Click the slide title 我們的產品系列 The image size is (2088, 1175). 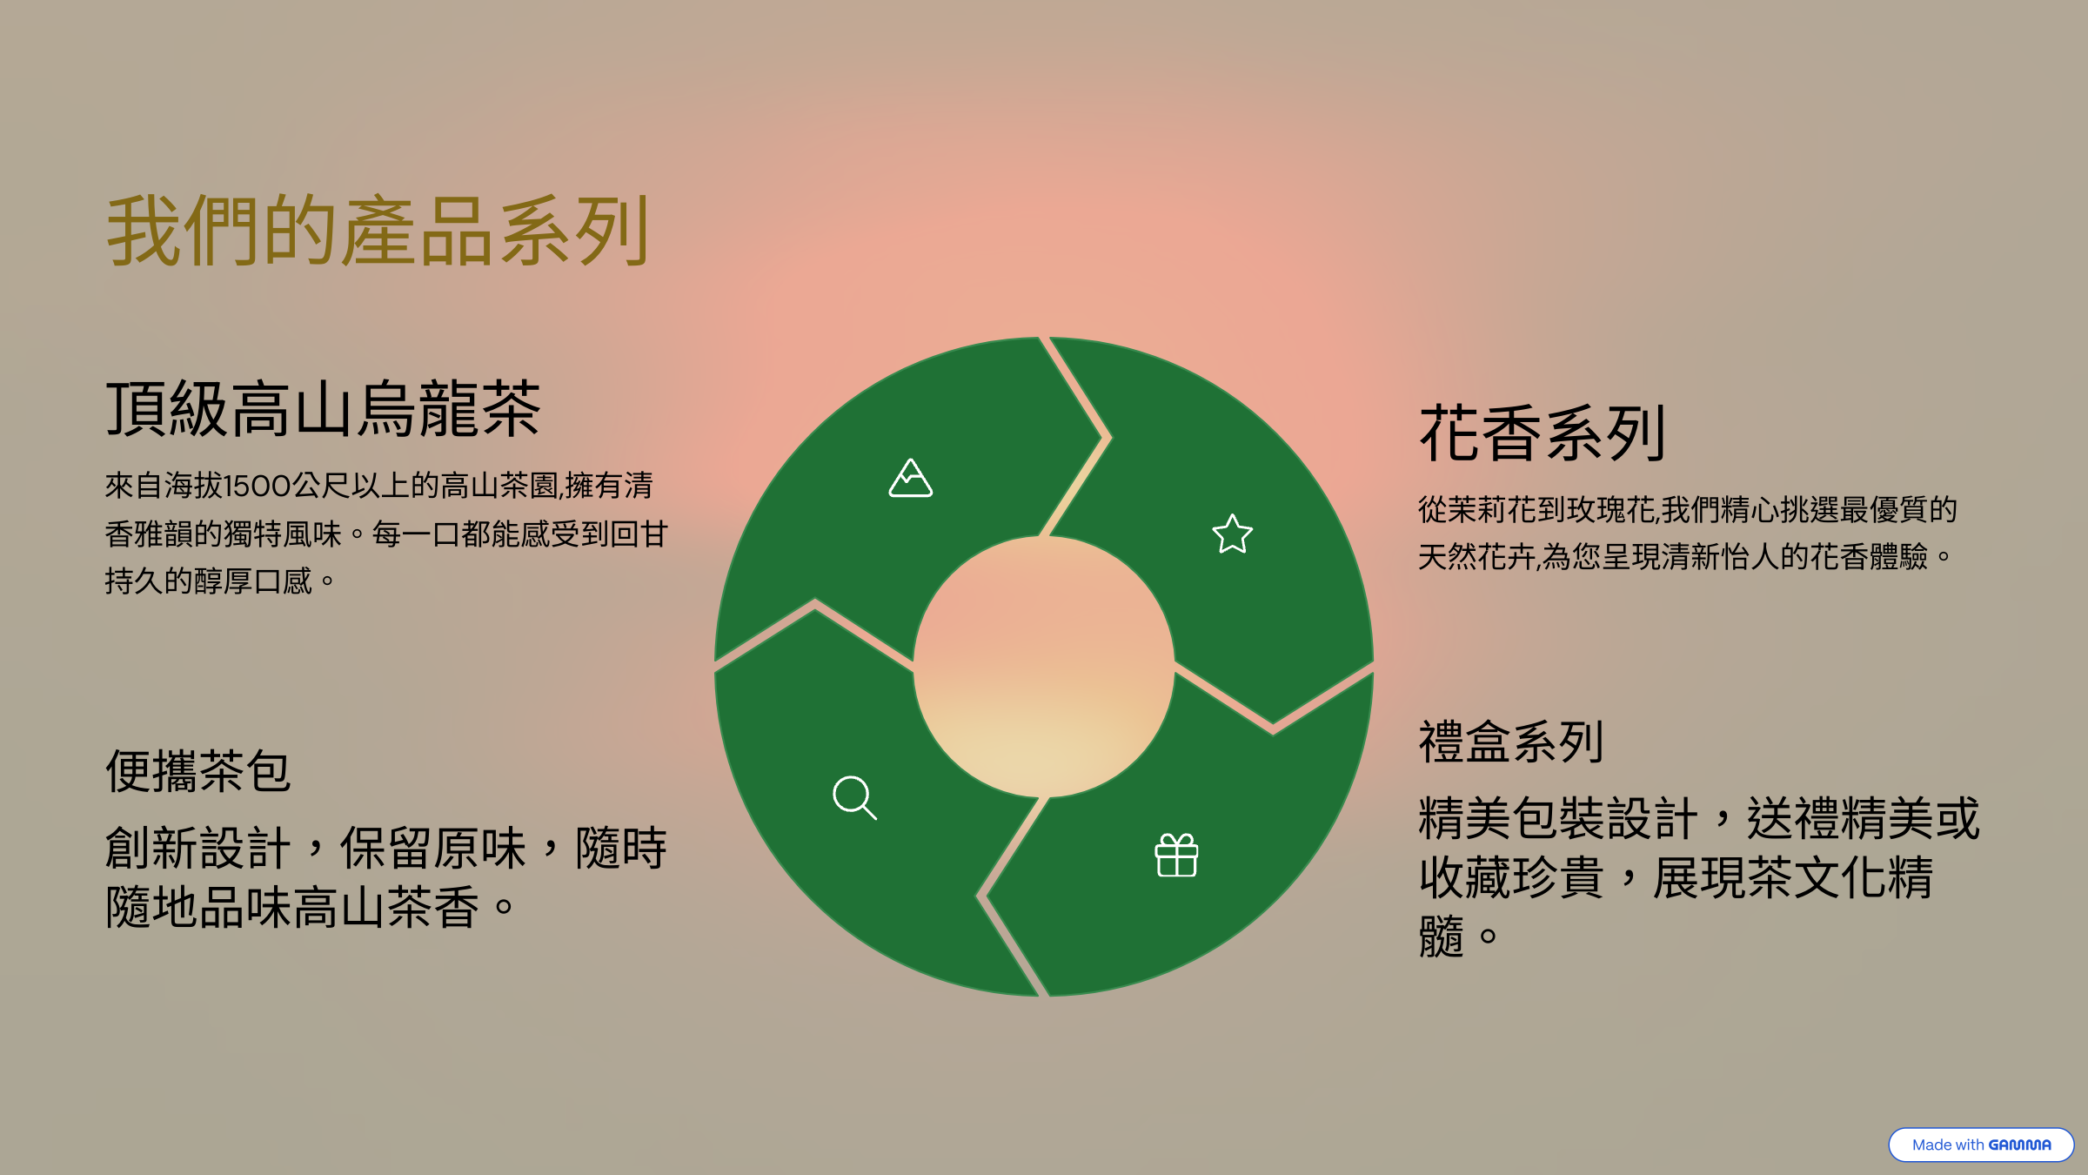pos(378,231)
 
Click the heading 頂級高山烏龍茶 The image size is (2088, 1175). pos(323,409)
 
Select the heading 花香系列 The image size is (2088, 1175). pos(1542,433)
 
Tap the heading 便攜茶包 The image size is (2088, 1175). pos(197,771)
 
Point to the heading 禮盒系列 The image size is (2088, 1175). pos(1511,742)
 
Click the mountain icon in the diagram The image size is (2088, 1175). pos(910,478)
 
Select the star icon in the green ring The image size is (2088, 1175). pos(1233,534)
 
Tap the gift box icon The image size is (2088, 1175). pos(1176,855)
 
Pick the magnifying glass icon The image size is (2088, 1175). pos(854,797)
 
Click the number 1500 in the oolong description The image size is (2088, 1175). pos(257,486)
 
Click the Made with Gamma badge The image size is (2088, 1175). pos(1981,1145)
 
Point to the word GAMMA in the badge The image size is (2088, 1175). pos(2019,1145)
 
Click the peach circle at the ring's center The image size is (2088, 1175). pos(1044,667)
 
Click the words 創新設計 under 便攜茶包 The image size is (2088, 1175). pos(197,848)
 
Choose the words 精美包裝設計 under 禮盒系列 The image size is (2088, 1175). pos(1558,818)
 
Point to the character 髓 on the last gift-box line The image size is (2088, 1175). pos(1442,937)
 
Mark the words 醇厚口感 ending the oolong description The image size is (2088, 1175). pos(253,581)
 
